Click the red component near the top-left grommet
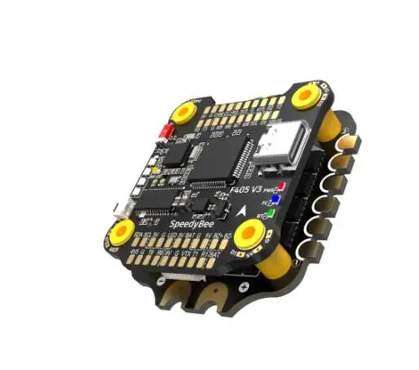pos(166,132)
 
